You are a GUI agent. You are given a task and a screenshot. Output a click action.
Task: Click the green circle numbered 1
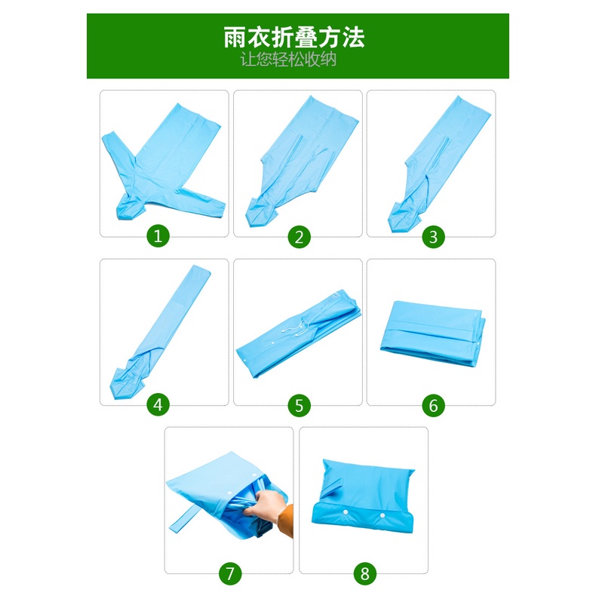(158, 237)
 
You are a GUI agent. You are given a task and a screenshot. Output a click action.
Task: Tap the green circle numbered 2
(300, 237)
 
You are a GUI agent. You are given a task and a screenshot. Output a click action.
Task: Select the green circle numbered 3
(433, 237)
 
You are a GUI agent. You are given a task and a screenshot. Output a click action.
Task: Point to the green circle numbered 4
(158, 405)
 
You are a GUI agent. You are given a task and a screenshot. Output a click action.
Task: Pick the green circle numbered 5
(300, 405)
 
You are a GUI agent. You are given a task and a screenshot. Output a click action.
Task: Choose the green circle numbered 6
(433, 405)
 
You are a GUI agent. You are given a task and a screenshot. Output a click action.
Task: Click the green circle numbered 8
(365, 573)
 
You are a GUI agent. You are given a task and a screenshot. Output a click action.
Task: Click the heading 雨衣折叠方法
(294, 37)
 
